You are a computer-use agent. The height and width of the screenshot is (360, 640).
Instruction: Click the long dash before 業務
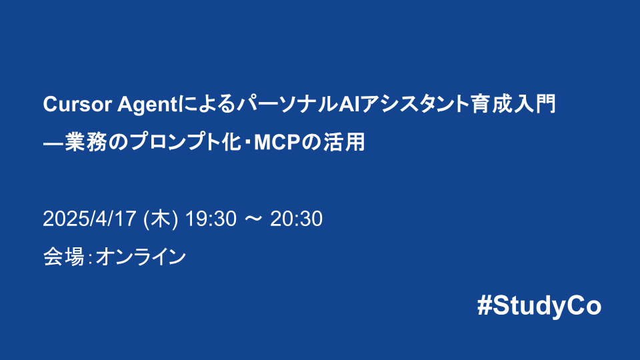(53, 143)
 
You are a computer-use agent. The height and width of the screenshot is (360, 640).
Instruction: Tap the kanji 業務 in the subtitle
(85, 142)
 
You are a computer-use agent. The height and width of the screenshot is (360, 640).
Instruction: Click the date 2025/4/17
(90, 219)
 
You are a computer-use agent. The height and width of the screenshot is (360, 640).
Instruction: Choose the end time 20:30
(296, 219)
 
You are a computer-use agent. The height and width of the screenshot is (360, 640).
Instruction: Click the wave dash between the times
(253, 219)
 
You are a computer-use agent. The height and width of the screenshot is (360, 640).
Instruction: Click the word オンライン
(140, 257)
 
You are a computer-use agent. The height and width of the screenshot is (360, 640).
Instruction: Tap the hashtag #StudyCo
(539, 306)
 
